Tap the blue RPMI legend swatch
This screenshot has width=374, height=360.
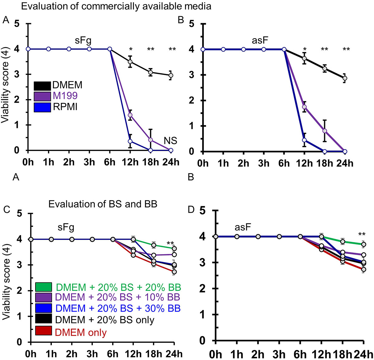coord(42,107)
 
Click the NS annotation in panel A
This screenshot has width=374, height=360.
coord(170,141)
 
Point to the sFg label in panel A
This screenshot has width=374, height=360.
coord(83,40)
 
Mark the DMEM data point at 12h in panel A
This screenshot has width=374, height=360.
coord(130,62)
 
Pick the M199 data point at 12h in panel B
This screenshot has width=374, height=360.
coord(304,107)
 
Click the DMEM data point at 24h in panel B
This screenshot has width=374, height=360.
coord(345,78)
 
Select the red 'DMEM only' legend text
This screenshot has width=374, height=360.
coord(81,332)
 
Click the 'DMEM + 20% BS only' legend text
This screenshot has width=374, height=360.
coord(105,320)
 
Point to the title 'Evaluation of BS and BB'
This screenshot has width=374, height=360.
coord(103,204)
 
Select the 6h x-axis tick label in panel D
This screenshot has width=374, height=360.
coord(300,354)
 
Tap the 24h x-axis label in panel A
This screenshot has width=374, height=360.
coord(171,162)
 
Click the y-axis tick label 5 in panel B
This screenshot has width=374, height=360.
coord(192,24)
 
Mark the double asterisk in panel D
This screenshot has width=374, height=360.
coord(362,235)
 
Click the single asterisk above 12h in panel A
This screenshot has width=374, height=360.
coord(131,50)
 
